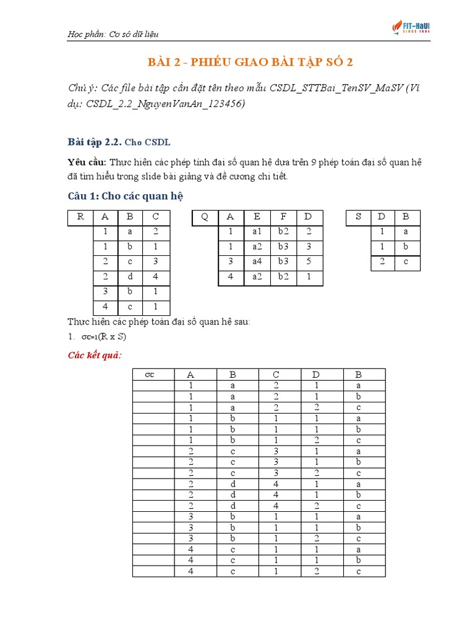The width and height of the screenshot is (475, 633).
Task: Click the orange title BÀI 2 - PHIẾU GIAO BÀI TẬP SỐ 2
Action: click(250, 62)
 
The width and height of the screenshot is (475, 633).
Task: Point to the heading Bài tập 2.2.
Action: click(94, 142)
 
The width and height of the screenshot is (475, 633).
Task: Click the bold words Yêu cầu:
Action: click(87, 162)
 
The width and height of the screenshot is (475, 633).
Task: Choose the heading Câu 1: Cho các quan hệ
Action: click(126, 196)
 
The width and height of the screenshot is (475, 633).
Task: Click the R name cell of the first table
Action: click(80, 217)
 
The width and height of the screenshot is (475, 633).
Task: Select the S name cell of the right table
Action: click(358, 217)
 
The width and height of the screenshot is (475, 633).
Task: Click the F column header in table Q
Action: click(284, 217)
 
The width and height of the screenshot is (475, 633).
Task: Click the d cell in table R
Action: click(131, 277)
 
